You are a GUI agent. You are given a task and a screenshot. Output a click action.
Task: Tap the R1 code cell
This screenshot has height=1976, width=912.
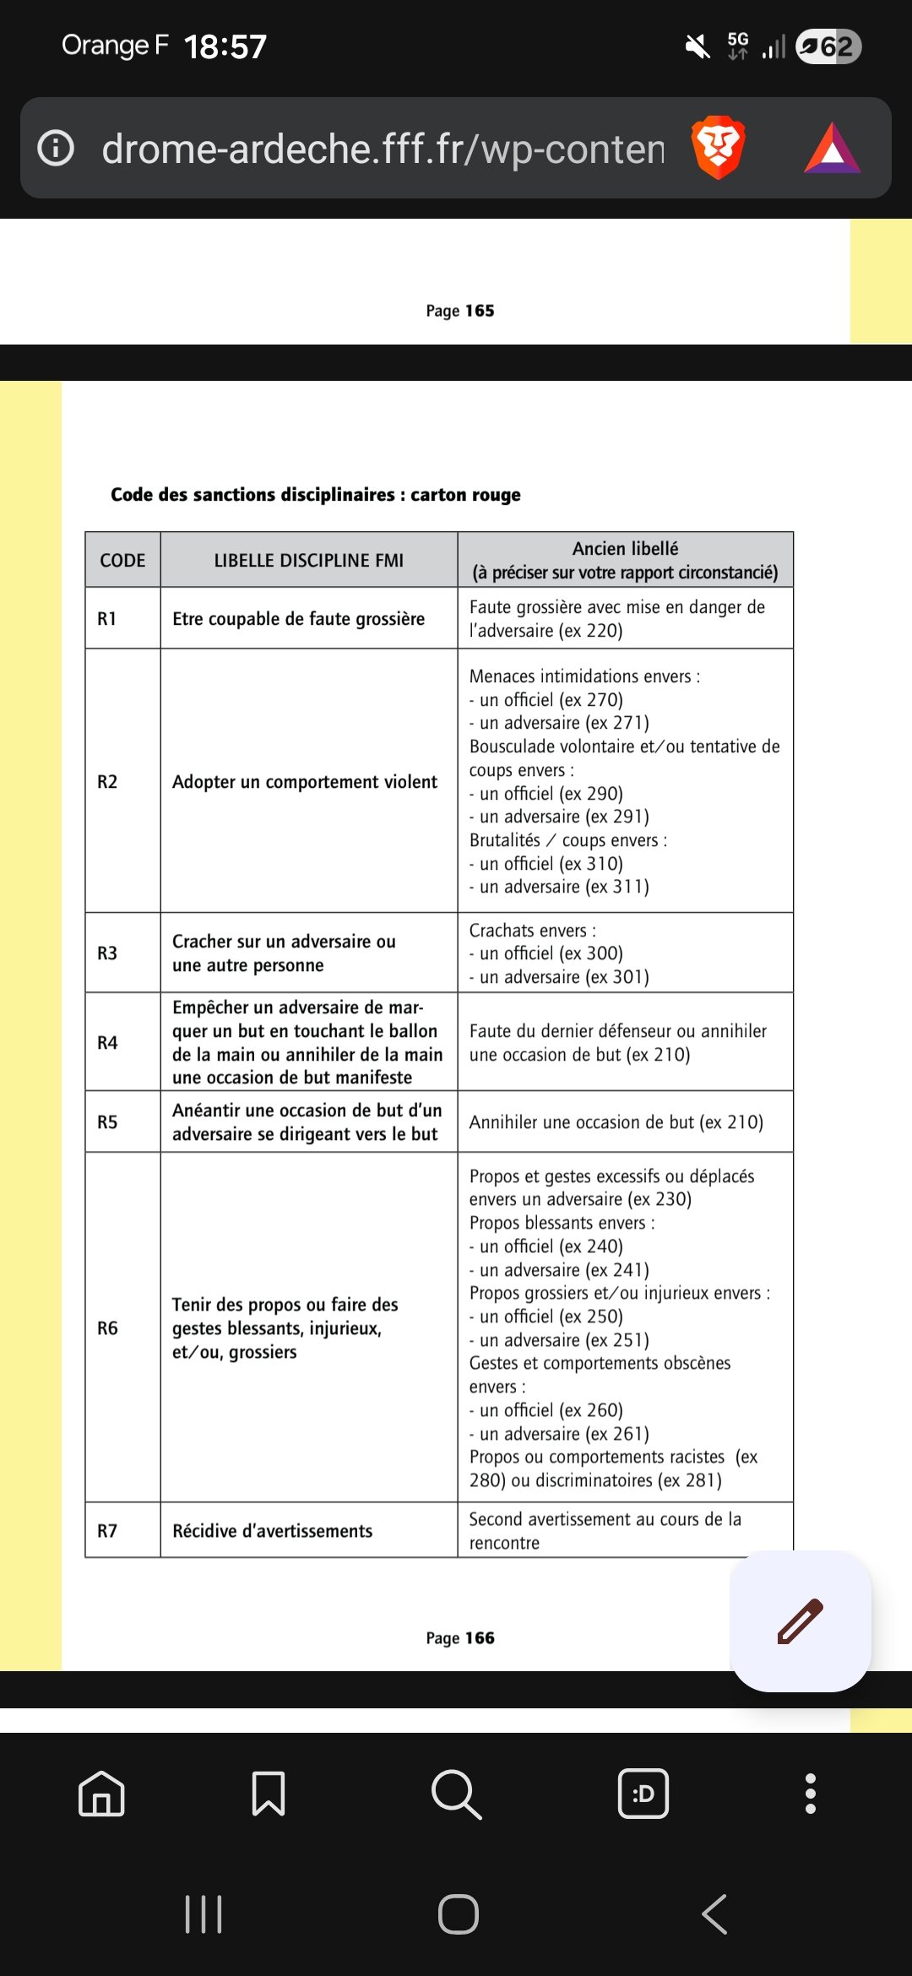click(x=107, y=619)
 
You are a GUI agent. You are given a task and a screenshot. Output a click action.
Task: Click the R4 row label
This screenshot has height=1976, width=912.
click(x=107, y=1043)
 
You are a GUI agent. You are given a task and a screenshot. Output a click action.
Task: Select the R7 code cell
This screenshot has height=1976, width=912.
click(x=107, y=1531)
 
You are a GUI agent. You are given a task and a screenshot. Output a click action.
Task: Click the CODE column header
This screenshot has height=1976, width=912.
click(x=122, y=561)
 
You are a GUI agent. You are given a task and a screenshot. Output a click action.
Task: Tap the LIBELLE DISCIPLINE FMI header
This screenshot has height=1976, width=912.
click(x=308, y=561)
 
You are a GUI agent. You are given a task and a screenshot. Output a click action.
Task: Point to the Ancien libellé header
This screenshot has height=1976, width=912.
click(x=625, y=560)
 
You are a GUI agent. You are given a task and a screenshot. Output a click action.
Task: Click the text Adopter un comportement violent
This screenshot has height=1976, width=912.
click(x=305, y=782)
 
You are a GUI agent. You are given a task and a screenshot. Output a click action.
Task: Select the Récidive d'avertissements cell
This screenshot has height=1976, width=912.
click(x=272, y=1531)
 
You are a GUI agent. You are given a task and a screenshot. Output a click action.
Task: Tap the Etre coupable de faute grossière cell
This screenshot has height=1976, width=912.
click(x=298, y=619)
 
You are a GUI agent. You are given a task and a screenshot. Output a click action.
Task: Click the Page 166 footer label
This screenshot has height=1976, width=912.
click(x=460, y=1638)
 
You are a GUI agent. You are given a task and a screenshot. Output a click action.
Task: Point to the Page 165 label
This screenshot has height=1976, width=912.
click(x=460, y=311)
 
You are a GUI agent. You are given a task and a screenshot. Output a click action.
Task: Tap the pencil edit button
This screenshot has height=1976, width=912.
click(x=800, y=1621)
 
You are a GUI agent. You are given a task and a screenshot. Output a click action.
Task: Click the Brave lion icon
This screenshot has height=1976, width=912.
click(x=718, y=148)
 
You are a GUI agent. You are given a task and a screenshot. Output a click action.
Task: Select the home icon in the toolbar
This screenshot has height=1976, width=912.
click(x=101, y=1794)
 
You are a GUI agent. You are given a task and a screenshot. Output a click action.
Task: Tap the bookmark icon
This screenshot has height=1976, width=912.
click(x=269, y=1794)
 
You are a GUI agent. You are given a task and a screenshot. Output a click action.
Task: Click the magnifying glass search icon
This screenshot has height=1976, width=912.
click(x=456, y=1794)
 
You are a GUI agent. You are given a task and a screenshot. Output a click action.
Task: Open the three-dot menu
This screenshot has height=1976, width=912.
click(x=811, y=1794)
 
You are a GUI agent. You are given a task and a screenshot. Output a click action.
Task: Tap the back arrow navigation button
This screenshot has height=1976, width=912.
click(x=714, y=1914)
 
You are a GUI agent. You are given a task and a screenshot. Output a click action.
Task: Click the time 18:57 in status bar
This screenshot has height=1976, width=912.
click(x=225, y=46)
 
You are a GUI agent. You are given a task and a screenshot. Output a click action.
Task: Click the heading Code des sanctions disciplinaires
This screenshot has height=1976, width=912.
click(x=315, y=495)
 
